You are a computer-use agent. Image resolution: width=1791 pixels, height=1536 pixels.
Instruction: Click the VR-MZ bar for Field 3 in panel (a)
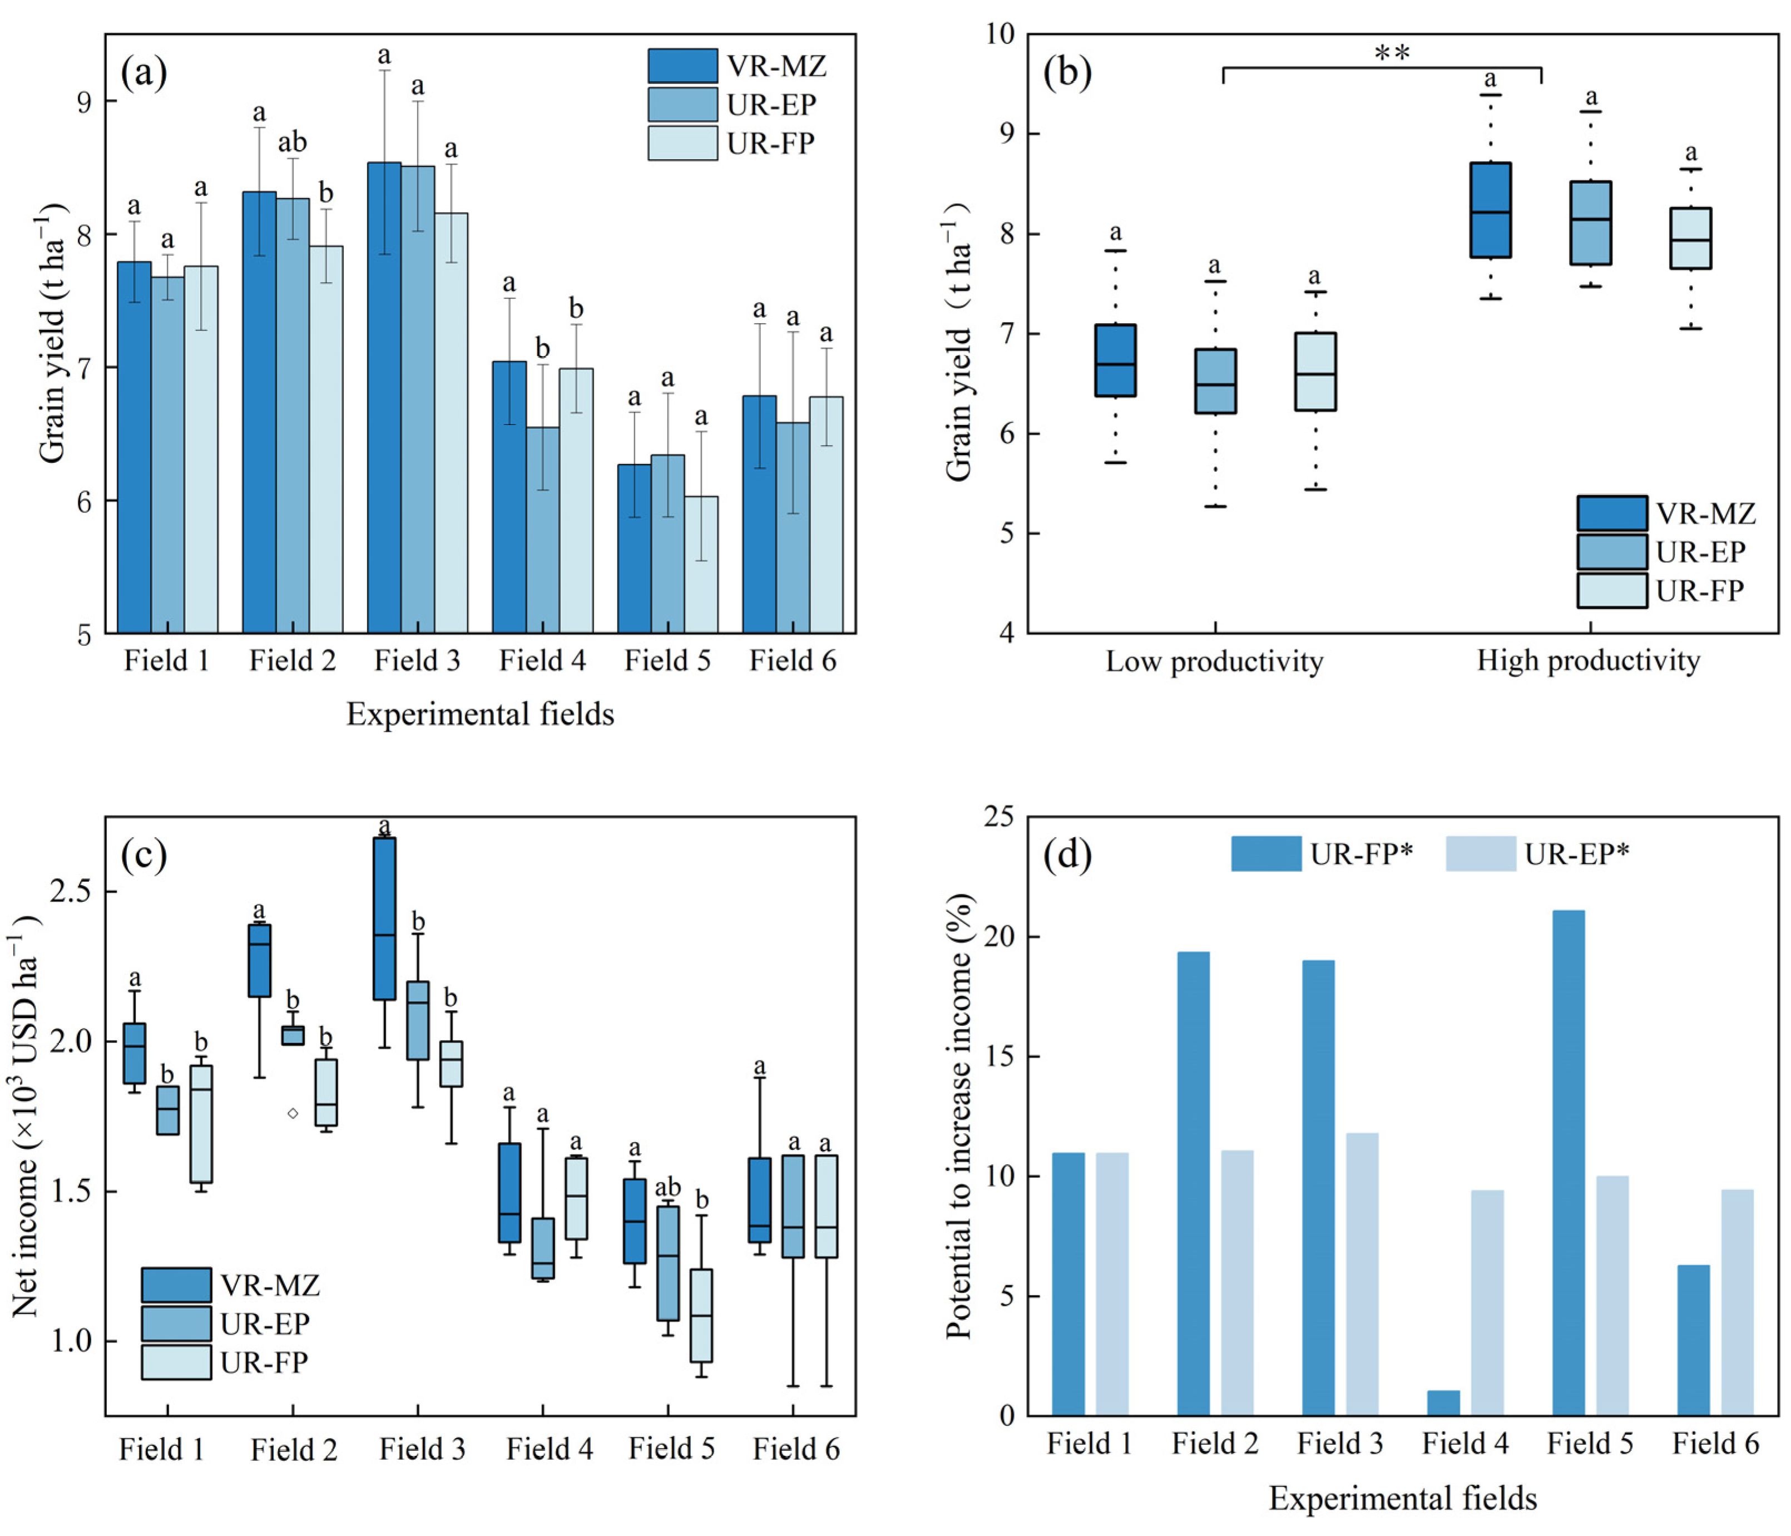click(x=384, y=398)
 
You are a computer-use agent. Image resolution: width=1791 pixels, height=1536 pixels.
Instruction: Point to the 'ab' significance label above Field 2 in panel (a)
click(x=292, y=142)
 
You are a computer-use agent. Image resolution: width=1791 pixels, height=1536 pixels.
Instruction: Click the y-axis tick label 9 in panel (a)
click(x=84, y=102)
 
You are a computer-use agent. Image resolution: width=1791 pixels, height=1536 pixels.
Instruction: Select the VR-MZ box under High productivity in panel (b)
click(x=1490, y=210)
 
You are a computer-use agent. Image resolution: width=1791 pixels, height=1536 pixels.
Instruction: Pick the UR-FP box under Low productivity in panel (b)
click(x=1315, y=372)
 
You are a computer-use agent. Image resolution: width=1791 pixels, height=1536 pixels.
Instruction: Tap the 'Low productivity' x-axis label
click(x=1214, y=662)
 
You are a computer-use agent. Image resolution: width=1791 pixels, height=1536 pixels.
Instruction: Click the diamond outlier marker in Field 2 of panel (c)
click(x=293, y=1113)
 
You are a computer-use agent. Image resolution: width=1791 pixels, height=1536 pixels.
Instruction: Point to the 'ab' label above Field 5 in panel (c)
click(x=667, y=1188)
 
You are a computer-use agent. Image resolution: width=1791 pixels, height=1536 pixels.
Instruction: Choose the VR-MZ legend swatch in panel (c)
click(x=176, y=1285)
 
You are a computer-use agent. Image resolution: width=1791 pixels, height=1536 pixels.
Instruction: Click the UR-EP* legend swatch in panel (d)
click(x=1480, y=854)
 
